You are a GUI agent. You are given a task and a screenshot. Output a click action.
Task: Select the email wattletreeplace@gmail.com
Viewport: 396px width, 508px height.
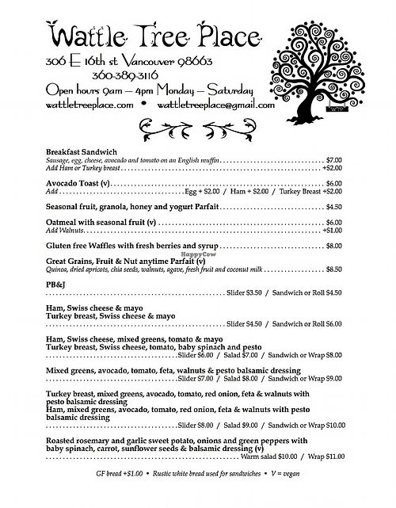coord(214,103)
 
